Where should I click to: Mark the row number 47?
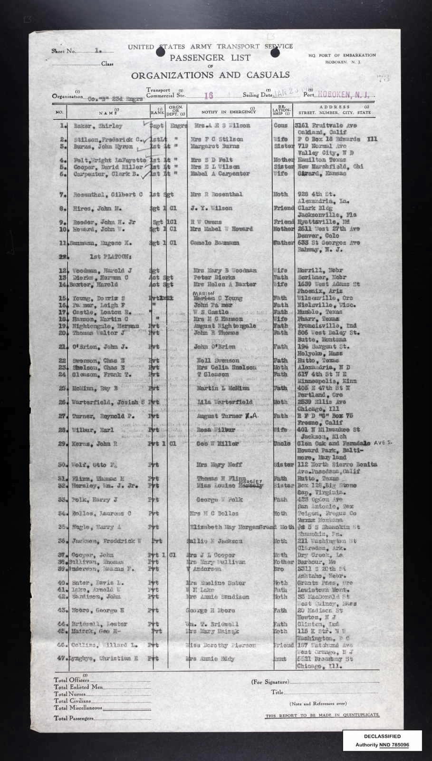pyautogui.click(x=62, y=659)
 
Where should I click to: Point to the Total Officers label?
pyautogui.click(x=72, y=681)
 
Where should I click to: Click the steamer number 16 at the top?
pyautogui.click(x=208, y=95)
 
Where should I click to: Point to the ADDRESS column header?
pyautogui.click(x=335, y=107)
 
